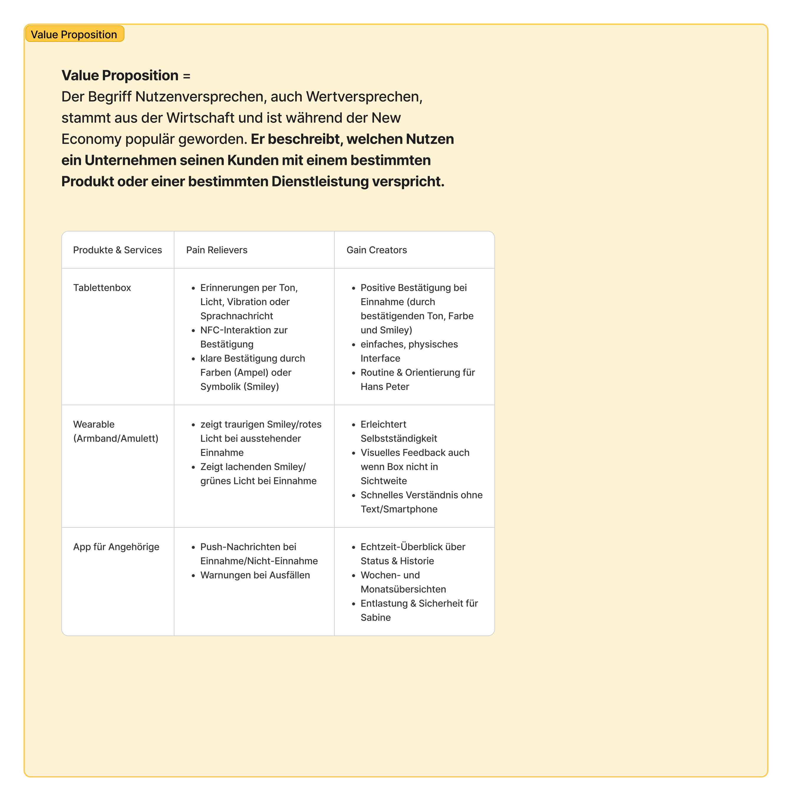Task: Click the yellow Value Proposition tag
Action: [x=74, y=34]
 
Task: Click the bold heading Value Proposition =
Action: [x=126, y=75]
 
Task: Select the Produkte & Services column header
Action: [x=117, y=250]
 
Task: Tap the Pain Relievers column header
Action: [x=217, y=250]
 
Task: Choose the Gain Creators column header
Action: [x=376, y=250]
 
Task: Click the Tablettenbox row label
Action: [x=102, y=288]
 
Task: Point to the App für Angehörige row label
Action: [x=116, y=547]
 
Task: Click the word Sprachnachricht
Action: [x=237, y=316]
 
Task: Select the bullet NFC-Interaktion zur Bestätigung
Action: [x=244, y=337]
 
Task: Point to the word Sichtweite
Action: [x=384, y=481]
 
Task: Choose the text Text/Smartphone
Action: [x=399, y=509]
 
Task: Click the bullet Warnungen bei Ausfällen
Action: [x=255, y=575]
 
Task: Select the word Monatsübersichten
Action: [x=403, y=589]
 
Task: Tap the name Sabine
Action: [x=375, y=617]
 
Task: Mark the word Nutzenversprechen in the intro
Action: [x=201, y=97]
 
